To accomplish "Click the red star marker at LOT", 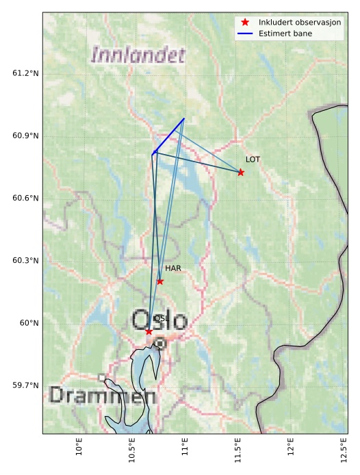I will point(241,172).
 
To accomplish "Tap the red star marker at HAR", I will point(160,281).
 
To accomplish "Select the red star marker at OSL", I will point(149,331).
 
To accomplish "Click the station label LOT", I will point(253,159).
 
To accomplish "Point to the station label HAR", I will point(172,268).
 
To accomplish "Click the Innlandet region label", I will point(138,55).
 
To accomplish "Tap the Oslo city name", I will point(158,320).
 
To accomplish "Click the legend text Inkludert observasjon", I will point(300,22).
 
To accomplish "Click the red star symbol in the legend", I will point(245,22).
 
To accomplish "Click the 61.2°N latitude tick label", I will point(26,73).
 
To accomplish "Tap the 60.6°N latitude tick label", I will point(26,198).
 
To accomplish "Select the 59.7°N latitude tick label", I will point(26,385).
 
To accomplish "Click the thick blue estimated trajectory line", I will point(168,135).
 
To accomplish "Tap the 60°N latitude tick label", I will point(29,323).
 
